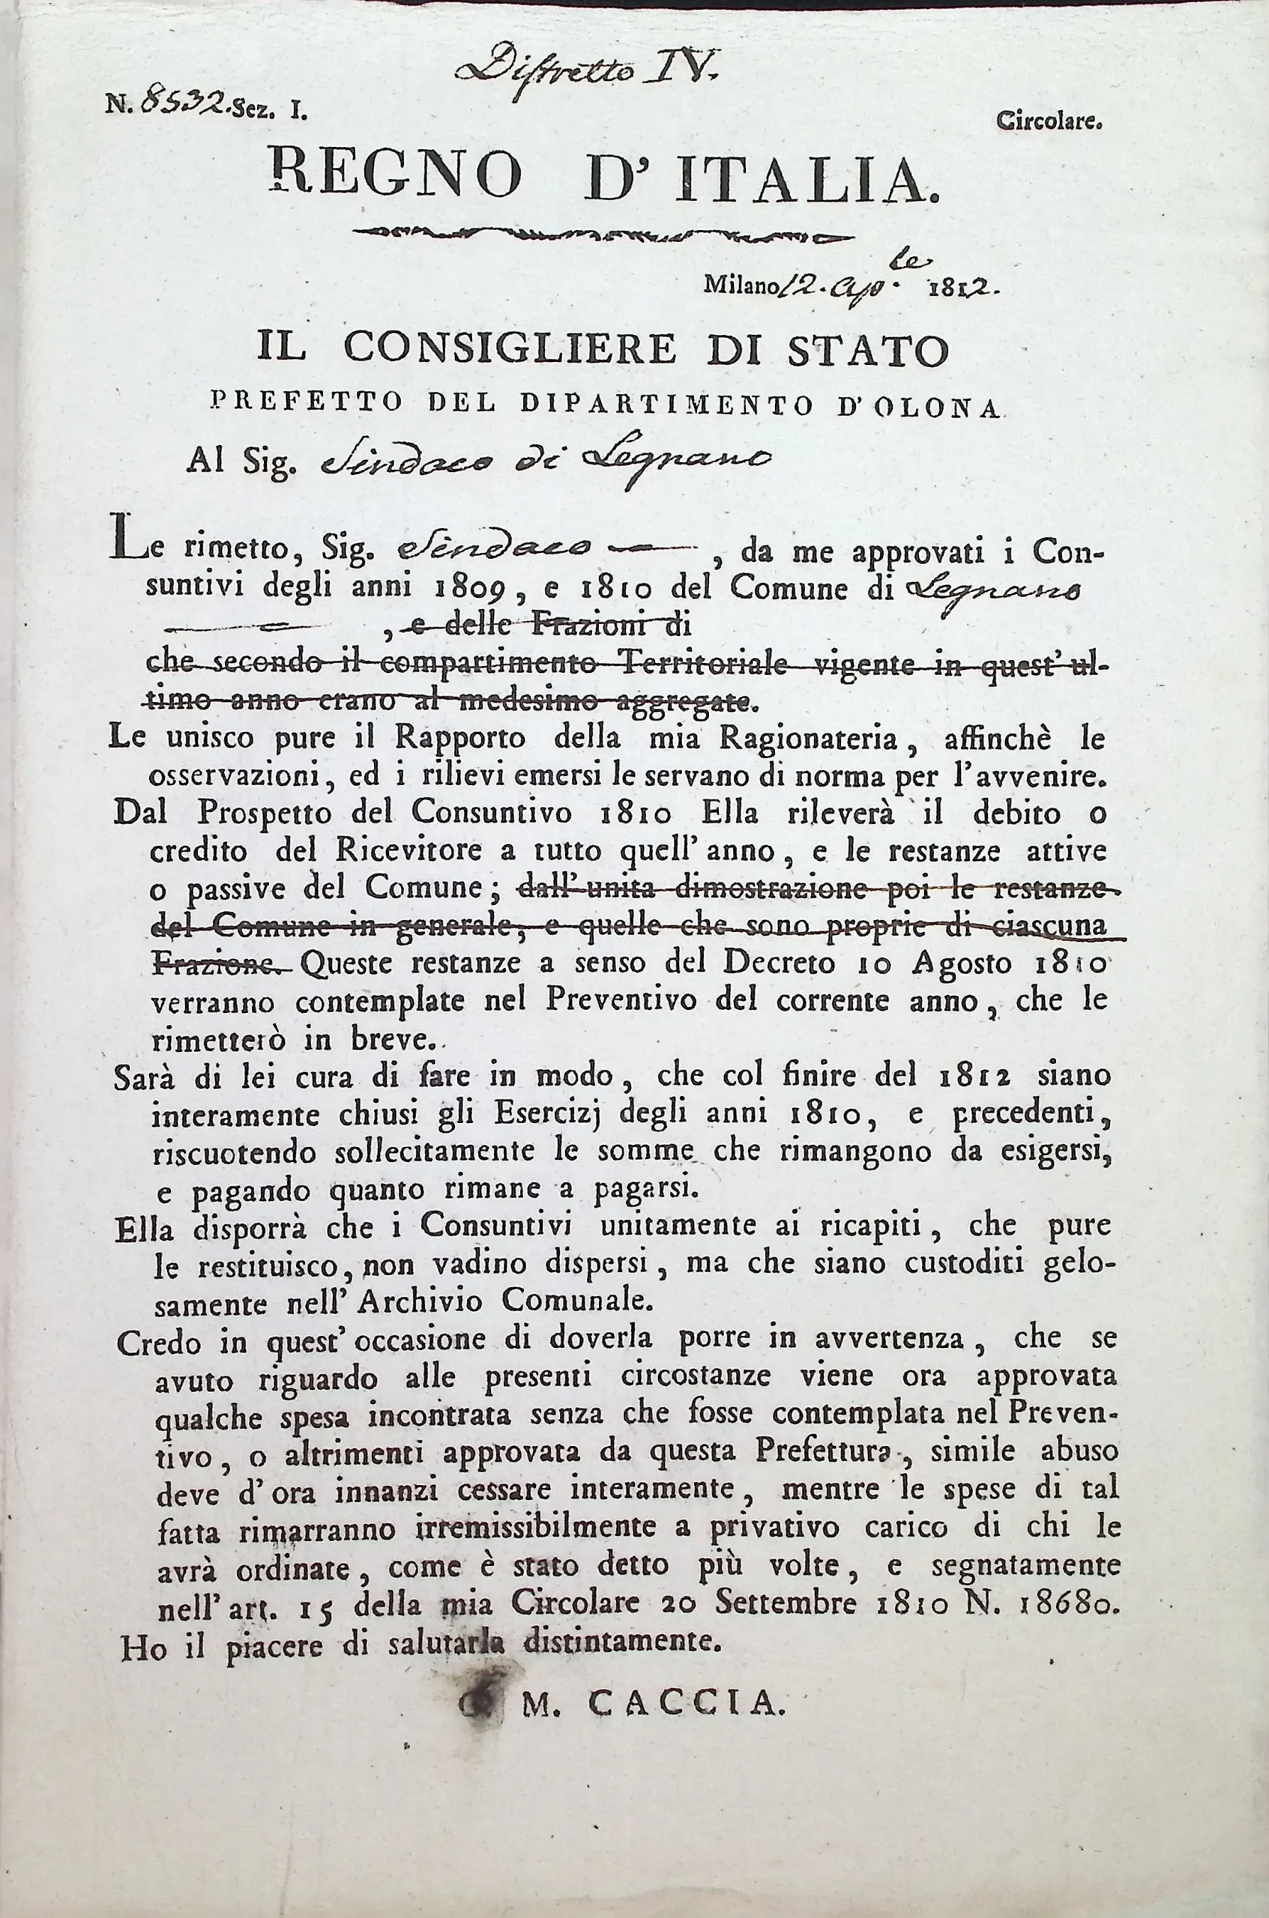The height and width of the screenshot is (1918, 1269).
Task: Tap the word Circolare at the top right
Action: (1048, 122)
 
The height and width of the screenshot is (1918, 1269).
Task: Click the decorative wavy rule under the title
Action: (603, 237)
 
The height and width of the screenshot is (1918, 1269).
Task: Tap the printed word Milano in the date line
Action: (738, 284)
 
